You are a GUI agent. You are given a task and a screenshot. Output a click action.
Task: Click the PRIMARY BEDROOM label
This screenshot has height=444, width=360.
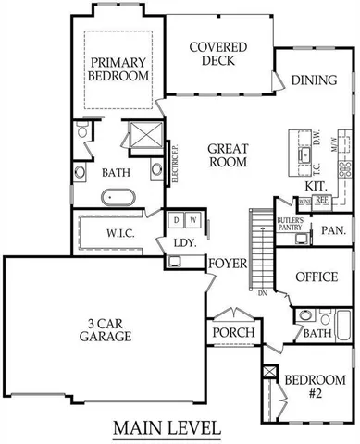coord(118,68)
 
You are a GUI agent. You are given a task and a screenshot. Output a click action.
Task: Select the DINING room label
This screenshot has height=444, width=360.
coord(313,80)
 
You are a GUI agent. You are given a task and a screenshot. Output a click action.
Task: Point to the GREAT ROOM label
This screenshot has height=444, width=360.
coord(227,154)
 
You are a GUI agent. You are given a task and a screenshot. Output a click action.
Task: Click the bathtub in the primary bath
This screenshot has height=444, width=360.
coord(118,196)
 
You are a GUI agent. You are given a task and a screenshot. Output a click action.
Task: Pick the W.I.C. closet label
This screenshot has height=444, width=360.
coord(122,230)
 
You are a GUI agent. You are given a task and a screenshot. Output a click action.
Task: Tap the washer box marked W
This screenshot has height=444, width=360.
coord(192,220)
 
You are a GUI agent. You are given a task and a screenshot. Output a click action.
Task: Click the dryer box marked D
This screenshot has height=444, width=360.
coord(177,220)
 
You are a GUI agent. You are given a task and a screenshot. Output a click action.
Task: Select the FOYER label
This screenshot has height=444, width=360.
coord(227,264)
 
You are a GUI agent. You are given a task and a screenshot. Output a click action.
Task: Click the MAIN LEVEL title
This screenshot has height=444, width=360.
coord(168,428)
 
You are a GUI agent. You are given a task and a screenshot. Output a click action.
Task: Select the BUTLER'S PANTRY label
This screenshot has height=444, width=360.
coord(292,225)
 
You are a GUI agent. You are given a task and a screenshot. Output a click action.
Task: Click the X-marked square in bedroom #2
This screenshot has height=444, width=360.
coord(270,372)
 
